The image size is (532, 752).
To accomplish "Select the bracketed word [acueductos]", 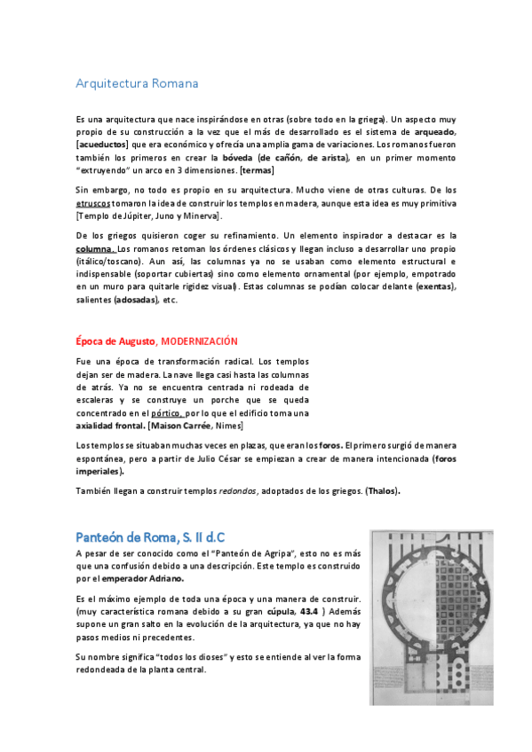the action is pos(102,145).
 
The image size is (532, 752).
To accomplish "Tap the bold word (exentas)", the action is pos(434,286).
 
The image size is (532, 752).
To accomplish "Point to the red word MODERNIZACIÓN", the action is pos(199,341).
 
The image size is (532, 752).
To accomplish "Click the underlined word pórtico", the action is pos(167,413).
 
